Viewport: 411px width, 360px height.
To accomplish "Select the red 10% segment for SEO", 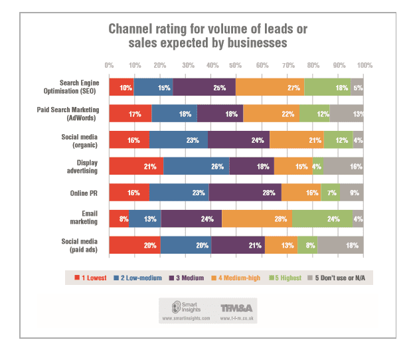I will coord(121,88).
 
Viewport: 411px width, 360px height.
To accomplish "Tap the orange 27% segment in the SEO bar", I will coord(270,88).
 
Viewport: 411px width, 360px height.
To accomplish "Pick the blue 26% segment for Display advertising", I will coord(196,166).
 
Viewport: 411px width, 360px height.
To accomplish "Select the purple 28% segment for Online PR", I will coord(245,193).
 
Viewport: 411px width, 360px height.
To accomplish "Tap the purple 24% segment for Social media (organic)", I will coord(238,140).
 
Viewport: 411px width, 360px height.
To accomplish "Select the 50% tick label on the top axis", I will coord(236,66).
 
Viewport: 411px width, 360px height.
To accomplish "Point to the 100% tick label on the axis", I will coord(363,66).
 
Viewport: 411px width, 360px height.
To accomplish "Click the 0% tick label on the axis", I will coord(109,66).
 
